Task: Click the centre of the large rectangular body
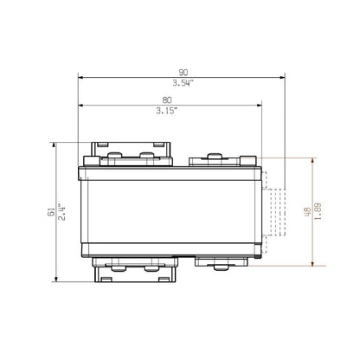pos(171,209)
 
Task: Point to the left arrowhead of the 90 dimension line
pos(81,79)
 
